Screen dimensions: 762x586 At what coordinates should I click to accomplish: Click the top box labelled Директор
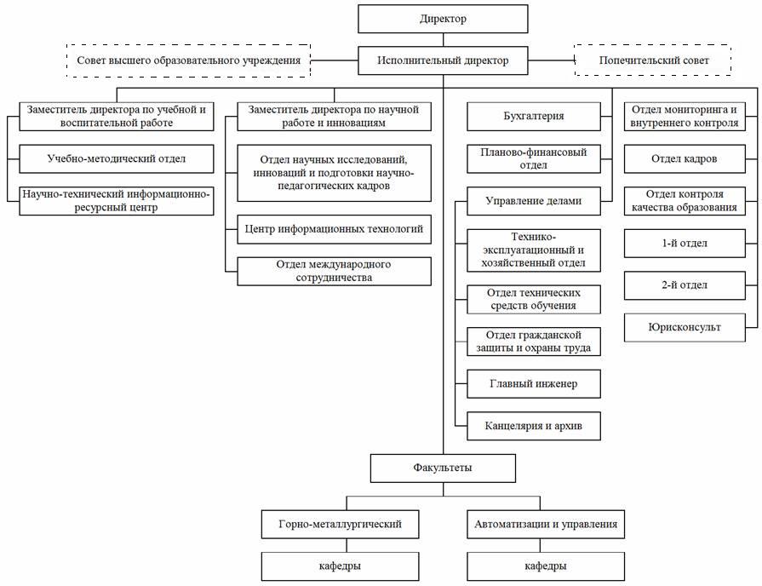tap(443, 19)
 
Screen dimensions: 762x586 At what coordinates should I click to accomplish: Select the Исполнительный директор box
tap(443, 60)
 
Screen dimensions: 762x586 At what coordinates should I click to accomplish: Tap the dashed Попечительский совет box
tap(653, 60)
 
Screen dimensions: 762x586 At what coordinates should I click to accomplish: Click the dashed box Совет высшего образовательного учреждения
tap(188, 60)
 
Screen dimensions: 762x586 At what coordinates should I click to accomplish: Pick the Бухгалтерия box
tap(534, 117)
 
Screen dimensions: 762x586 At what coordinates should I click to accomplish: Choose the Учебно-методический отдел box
tap(117, 159)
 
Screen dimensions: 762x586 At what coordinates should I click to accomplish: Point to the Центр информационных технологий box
tap(334, 229)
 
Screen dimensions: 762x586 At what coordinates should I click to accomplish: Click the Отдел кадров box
tap(685, 159)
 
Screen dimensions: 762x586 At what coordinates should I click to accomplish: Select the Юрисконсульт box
tap(685, 328)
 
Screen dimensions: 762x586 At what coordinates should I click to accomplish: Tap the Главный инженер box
tap(534, 384)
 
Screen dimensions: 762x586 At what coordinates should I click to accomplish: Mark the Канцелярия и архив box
tap(534, 427)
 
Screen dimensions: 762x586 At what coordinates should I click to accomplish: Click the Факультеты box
tap(443, 468)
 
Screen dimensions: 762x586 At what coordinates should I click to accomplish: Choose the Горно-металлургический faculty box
tap(341, 524)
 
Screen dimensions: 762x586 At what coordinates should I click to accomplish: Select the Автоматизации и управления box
tap(546, 524)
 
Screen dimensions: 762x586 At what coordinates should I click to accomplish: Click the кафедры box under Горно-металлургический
tap(341, 566)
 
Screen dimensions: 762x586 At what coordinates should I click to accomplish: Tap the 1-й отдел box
tap(685, 244)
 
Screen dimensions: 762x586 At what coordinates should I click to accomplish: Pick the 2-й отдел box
tap(685, 285)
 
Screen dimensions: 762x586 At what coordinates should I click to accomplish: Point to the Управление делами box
tap(534, 201)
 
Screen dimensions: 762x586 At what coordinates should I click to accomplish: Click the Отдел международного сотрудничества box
tap(334, 272)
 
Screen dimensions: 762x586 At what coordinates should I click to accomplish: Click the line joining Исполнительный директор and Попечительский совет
tap(551, 60)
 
